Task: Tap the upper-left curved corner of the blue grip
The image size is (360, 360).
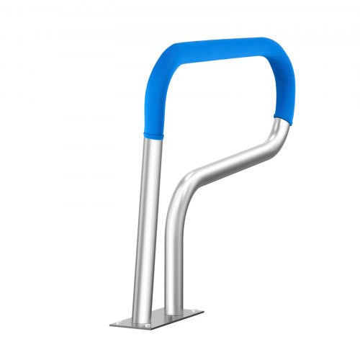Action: point(160,68)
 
